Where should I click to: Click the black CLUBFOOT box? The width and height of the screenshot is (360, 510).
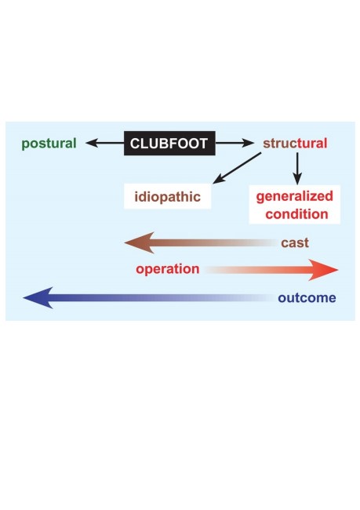[169, 143]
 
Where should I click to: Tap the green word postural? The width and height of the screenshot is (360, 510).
[49, 144]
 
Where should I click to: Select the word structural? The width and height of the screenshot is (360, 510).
[295, 143]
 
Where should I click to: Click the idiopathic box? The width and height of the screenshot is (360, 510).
[168, 196]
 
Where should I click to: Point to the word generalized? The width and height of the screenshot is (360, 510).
[295, 197]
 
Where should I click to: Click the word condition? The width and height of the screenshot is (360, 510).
[296, 214]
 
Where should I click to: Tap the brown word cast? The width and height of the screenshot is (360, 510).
[295, 243]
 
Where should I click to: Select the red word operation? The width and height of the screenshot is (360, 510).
[168, 269]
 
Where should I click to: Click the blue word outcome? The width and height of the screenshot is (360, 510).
[307, 298]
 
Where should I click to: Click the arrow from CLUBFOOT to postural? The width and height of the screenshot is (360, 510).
[105, 143]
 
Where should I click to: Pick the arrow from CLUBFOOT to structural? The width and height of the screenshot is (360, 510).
[235, 143]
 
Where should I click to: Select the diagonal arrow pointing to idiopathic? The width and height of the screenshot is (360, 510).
[237, 168]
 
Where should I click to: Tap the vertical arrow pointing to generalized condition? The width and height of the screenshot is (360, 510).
[297, 169]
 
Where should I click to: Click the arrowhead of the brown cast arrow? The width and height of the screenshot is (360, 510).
[139, 242]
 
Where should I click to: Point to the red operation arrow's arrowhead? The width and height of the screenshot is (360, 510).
[323, 270]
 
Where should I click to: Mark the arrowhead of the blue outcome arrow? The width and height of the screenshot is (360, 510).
[38, 297]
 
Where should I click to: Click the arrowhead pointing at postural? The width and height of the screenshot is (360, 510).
[92, 143]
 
